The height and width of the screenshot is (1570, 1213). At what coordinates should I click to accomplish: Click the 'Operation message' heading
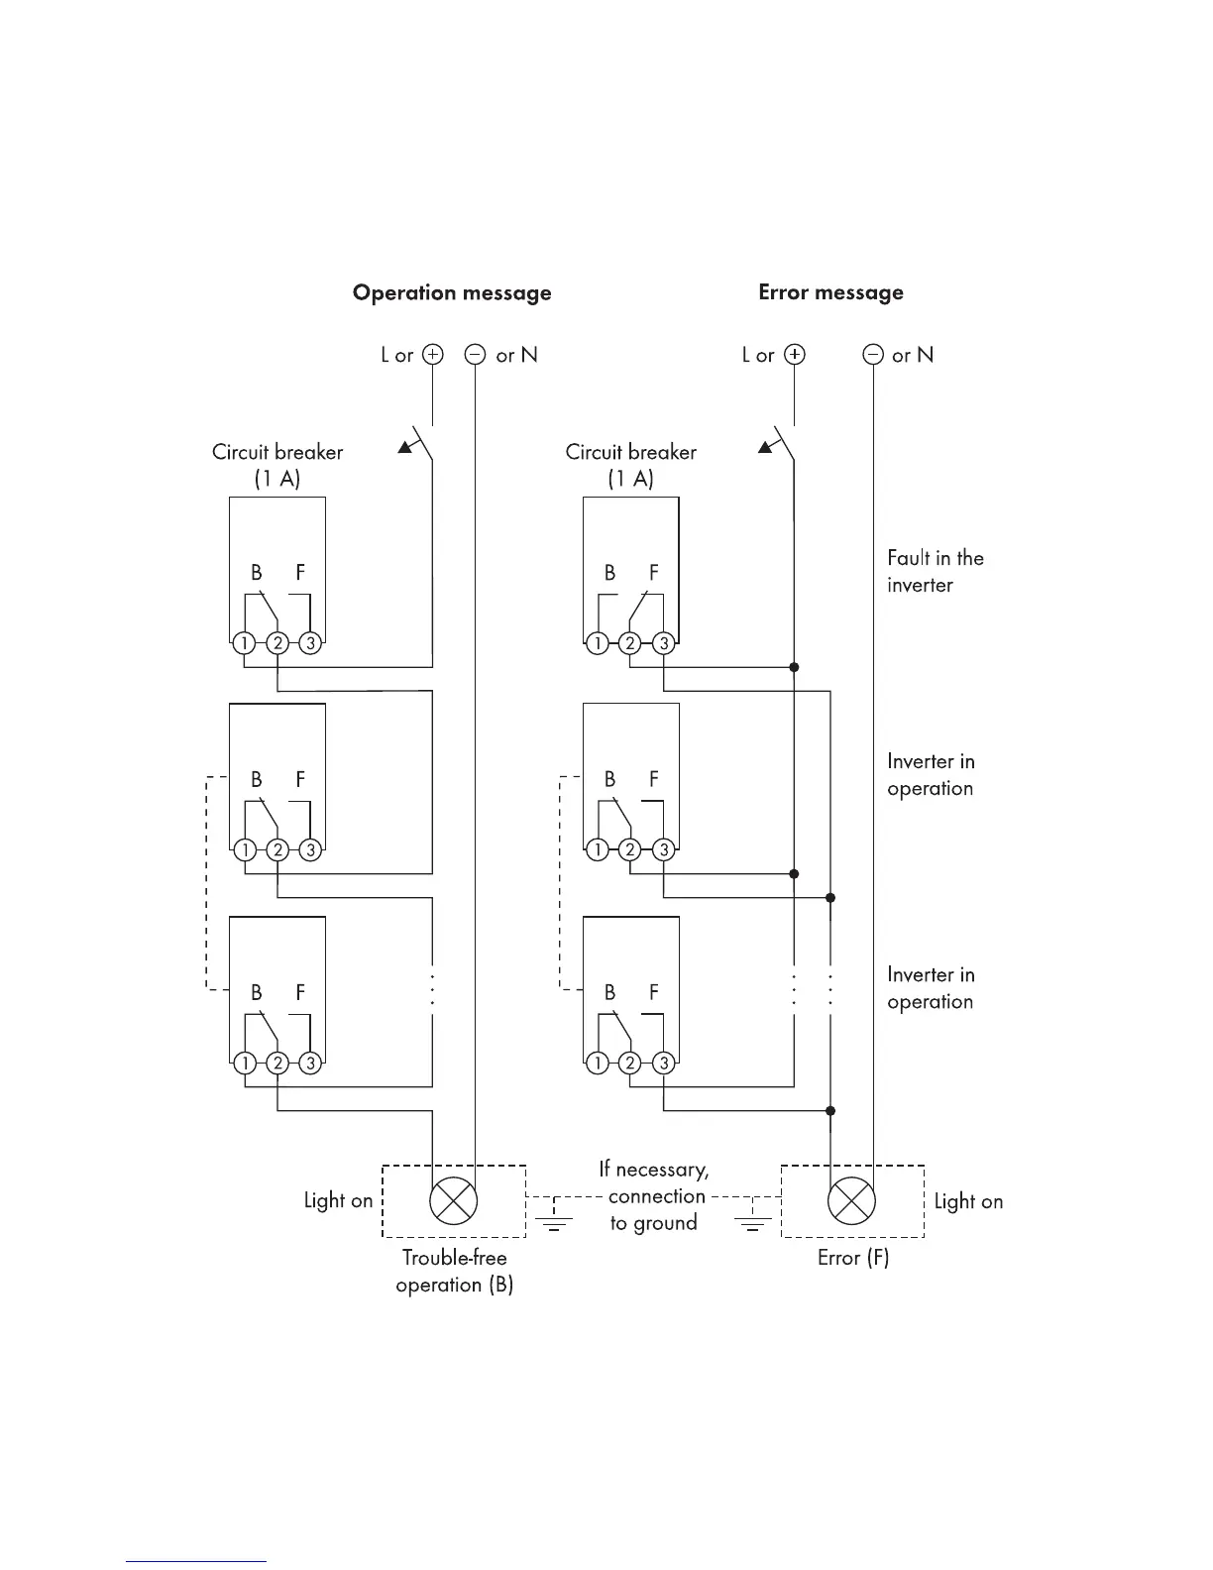pyautogui.click(x=452, y=293)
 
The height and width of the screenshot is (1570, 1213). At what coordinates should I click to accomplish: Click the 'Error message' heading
pyautogui.click(x=830, y=292)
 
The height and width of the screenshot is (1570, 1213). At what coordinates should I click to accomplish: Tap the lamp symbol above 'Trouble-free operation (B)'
pyautogui.click(x=453, y=1201)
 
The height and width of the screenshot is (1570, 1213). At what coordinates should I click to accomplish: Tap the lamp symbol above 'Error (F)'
pyautogui.click(x=851, y=1201)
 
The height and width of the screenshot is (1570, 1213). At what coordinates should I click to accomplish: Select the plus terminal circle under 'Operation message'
pyautogui.click(x=433, y=355)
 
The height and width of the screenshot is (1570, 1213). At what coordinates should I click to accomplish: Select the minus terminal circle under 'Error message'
pyautogui.click(x=873, y=355)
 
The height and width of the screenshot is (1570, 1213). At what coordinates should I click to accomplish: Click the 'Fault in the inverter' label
pyautogui.click(x=935, y=571)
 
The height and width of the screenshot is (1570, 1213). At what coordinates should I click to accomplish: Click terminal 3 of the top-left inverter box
pyautogui.click(x=310, y=643)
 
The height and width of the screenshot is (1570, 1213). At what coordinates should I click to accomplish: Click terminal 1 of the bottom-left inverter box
pyautogui.click(x=245, y=1064)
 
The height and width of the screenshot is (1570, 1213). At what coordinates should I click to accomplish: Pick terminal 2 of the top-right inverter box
pyautogui.click(x=630, y=643)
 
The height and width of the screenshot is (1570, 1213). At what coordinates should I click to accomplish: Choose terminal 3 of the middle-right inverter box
pyautogui.click(x=664, y=849)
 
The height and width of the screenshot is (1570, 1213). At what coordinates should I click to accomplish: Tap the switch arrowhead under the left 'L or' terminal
pyautogui.click(x=405, y=447)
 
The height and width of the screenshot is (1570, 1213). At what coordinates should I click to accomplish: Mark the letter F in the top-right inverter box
pyautogui.click(x=654, y=573)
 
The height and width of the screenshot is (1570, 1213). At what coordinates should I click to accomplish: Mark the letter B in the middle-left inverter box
pyautogui.click(x=257, y=780)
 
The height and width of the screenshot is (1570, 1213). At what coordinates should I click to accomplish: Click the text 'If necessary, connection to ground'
pyautogui.click(x=654, y=1196)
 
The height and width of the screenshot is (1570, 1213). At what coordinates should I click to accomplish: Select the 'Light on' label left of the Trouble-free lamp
pyautogui.click(x=338, y=1201)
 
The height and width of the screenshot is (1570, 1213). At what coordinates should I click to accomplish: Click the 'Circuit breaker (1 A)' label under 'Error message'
pyautogui.click(x=630, y=465)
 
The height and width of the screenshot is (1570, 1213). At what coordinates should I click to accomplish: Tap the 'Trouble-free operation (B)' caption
pyautogui.click(x=454, y=1271)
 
